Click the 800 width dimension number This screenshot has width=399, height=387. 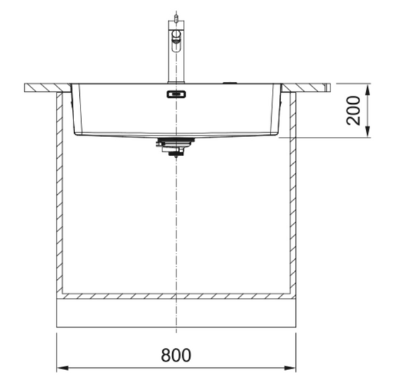pos(176,355)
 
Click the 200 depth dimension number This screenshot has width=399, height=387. pos(354,110)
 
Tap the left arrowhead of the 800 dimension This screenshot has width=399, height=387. pos(63,368)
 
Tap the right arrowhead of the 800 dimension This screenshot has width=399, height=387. pos(290,368)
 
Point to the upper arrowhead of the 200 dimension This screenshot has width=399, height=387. pos(368,90)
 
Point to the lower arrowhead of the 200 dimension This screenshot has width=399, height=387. pos(368,131)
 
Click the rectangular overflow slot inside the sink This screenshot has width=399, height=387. pos(176,95)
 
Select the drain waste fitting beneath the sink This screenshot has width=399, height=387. pos(175,147)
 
